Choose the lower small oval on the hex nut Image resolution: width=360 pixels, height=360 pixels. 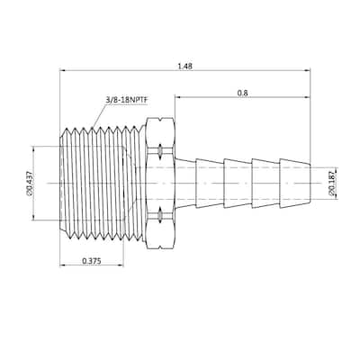pos(159,215)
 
